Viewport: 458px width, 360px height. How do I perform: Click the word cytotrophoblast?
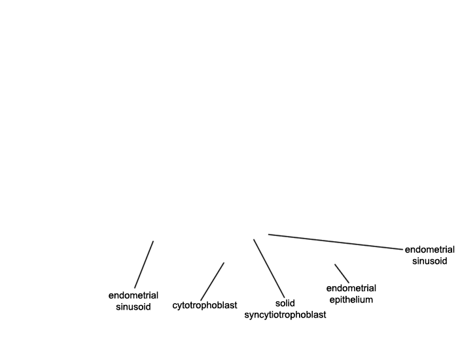coord(204,306)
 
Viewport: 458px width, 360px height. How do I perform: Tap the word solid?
coord(285,303)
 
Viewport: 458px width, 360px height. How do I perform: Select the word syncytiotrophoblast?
coord(285,315)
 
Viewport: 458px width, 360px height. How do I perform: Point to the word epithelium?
coord(351,300)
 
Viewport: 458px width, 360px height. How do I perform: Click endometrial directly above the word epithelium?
coord(351,289)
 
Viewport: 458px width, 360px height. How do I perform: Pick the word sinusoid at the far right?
coord(429,261)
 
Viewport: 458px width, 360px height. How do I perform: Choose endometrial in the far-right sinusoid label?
coord(429,250)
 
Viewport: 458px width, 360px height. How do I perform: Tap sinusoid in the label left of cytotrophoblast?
coord(133,307)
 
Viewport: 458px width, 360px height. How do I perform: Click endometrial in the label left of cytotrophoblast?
coord(133,296)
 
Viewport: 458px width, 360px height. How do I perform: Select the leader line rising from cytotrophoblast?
coord(213,281)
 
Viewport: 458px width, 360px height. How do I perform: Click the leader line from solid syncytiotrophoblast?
coord(269,268)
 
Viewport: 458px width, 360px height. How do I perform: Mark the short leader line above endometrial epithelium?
coord(342,274)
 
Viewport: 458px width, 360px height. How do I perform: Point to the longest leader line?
coord(335,242)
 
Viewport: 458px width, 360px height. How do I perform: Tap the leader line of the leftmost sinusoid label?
coord(144,264)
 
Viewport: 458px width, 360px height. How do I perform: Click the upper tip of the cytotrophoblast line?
coord(224,262)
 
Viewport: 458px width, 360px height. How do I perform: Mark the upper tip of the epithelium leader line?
coord(335,264)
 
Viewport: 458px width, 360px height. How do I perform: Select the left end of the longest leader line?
coord(269,234)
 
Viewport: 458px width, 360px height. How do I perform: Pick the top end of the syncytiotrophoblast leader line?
coord(254,240)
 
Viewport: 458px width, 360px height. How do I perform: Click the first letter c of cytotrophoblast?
coord(175,306)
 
